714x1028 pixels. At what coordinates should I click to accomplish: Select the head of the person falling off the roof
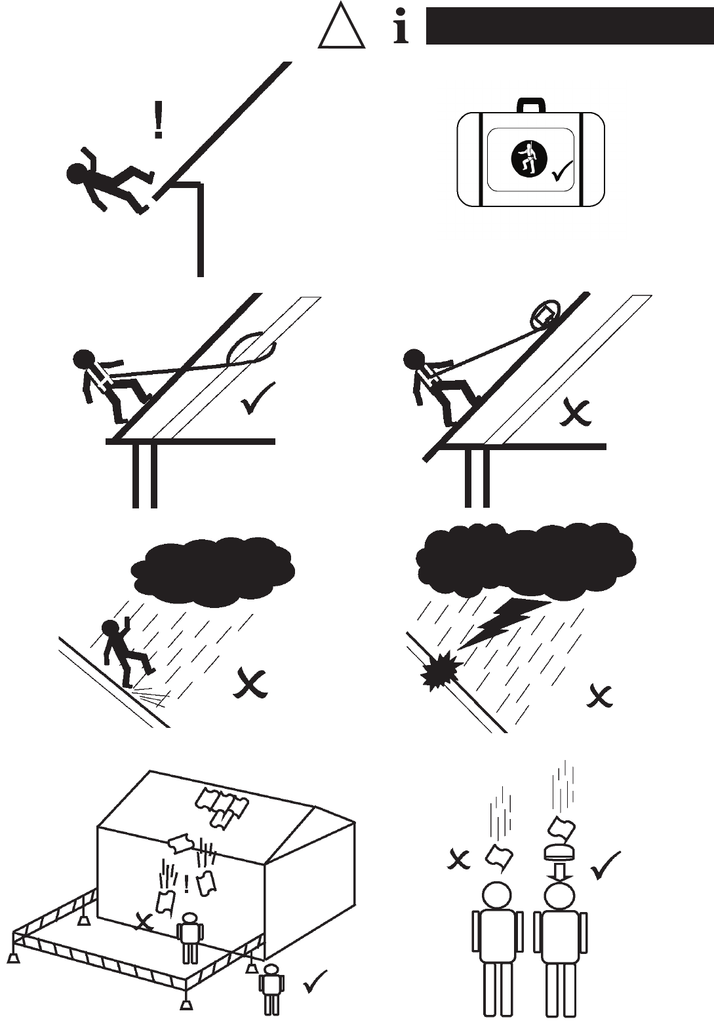[78, 173]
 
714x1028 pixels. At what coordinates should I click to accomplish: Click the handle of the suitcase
[530, 105]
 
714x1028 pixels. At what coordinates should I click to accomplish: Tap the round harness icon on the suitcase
[527, 159]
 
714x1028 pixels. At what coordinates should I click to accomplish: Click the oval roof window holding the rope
[544, 312]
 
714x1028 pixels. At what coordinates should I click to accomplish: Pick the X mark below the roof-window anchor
[576, 413]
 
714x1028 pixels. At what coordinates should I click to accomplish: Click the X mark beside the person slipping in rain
[250, 684]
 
